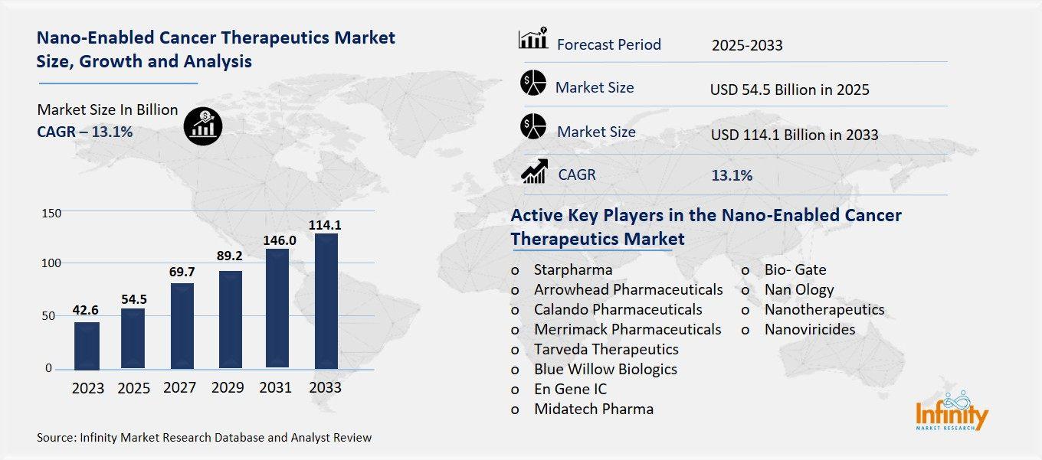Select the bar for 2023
(87, 345)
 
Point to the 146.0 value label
(280, 240)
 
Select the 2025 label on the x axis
(134, 388)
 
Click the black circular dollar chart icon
(203, 126)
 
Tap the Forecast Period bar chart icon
(533, 39)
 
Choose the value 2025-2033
(747, 45)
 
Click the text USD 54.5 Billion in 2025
(790, 90)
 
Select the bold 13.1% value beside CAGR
(732, 175)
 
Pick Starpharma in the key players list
(573, 269)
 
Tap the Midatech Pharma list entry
(594, 409)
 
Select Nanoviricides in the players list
(810, 329)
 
